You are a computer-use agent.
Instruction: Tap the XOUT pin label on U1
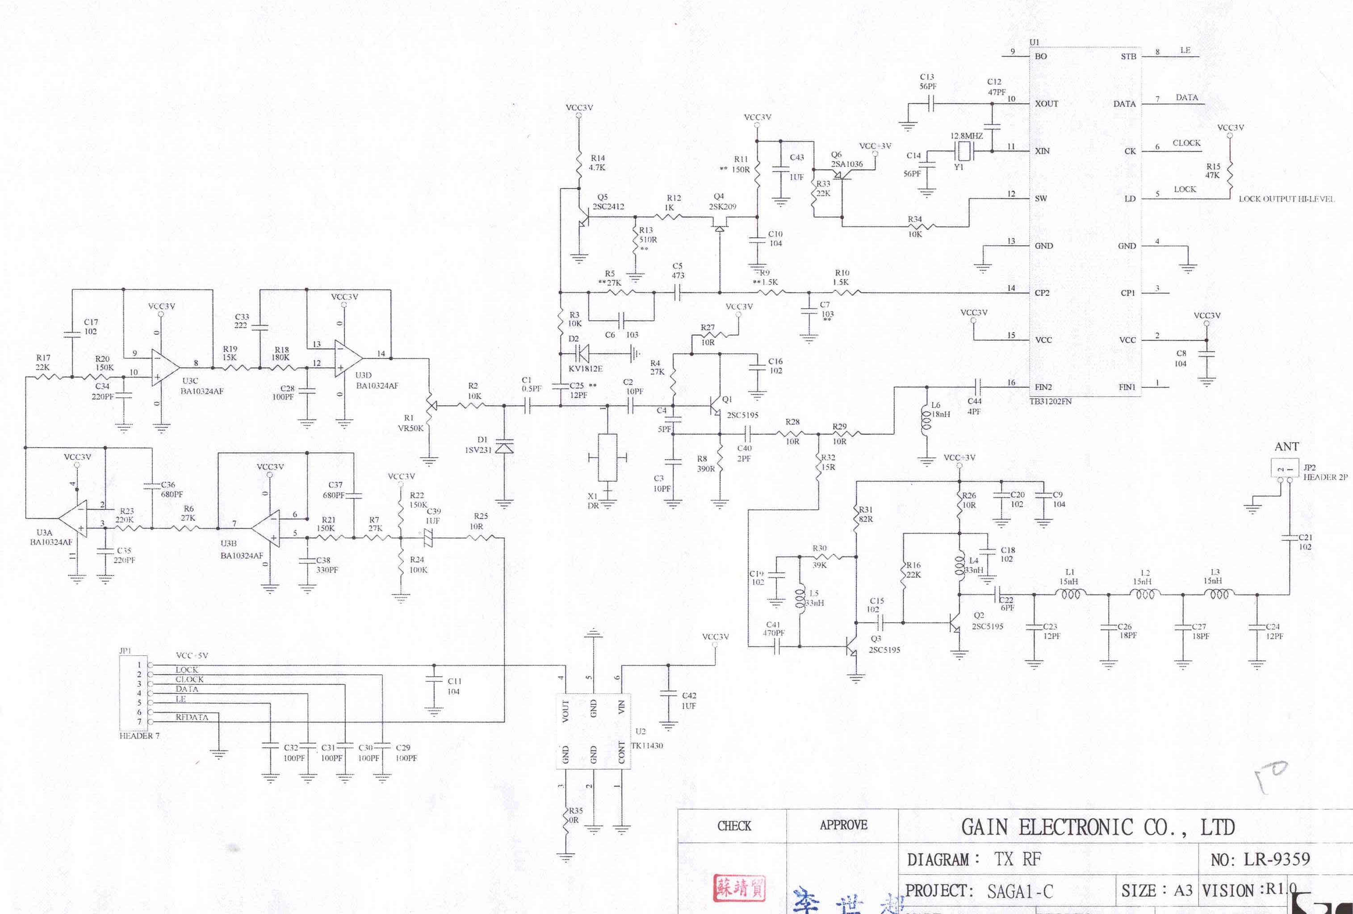[1046, 104]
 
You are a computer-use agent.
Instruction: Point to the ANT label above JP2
[1286, 447]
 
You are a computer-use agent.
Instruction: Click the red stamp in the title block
[739, 888]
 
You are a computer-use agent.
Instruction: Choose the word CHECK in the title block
[734, 826]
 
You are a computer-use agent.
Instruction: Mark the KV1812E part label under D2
[585, 369]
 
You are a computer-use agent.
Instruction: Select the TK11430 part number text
[647, 746]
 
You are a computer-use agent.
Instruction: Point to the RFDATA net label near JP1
[192, 717]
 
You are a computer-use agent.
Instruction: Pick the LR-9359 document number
[1277, 859]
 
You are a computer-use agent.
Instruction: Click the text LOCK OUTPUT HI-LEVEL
[1286, 199]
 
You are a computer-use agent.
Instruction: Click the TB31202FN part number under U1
[1050, 401]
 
